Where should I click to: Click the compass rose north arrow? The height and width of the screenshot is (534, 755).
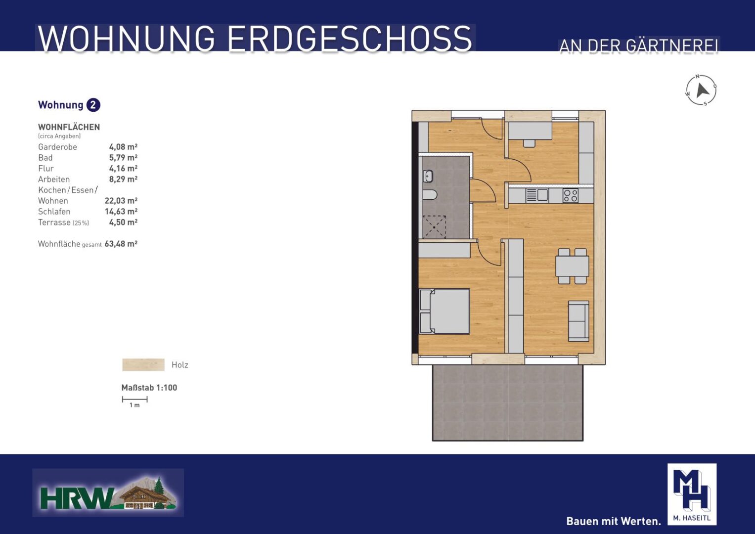[x=702, y=90]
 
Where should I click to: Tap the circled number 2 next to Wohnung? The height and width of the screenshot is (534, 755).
[x=93, y=105]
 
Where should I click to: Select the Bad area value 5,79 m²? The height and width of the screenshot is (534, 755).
[x=123, y=157]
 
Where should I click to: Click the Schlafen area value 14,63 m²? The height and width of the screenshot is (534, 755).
[x=121, y=212]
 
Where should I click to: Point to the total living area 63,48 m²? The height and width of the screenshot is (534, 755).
[x=121, y=244]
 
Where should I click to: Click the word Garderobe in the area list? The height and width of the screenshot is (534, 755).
[x=58, y=147]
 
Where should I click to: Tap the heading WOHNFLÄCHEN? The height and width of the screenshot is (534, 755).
[x=69, y=127]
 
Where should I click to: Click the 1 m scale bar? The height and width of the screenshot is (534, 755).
[x=135, y=400]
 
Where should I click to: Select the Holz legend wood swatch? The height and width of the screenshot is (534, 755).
[x=143, y=365]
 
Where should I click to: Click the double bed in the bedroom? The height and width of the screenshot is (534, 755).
[x=444, y=311]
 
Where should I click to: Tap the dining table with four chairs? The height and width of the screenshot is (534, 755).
[x=572, y=266]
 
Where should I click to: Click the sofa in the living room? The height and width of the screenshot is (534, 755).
[x=578, y=321]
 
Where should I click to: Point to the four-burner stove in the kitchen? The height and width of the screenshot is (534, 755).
[x=570, y=195]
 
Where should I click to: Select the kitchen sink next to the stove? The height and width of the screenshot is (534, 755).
[x=537, y=195]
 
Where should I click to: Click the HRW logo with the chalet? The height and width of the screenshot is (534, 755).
[x=108, y=492]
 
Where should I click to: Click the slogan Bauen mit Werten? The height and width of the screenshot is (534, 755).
[x=614, y=521]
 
